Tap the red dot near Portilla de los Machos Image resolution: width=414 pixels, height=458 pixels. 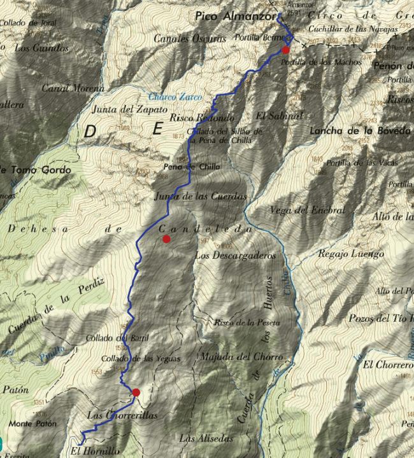[286, 50]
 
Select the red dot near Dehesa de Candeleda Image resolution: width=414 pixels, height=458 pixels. [166, 239]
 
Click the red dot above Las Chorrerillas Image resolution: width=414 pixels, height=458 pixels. [136, 392]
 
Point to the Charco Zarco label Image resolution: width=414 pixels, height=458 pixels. [175, 97]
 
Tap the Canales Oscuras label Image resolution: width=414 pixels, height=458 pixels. [190, 38]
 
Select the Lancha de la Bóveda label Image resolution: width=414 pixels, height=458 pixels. [359, 131]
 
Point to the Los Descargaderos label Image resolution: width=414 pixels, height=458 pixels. [235, 256]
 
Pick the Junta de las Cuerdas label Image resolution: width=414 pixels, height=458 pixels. [201, 197]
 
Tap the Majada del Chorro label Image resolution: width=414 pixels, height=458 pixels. [241, 357]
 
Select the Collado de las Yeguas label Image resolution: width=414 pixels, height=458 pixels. [140, 359]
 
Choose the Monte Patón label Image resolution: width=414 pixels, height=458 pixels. [33, 423]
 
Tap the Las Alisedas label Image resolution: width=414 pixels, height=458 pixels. [206, 438]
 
